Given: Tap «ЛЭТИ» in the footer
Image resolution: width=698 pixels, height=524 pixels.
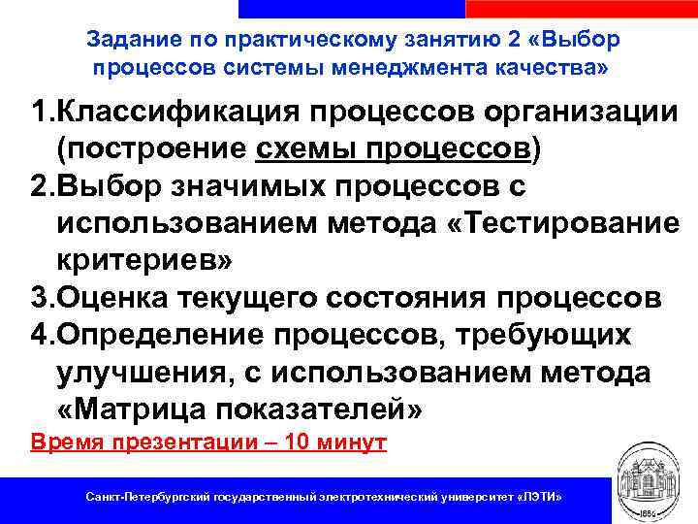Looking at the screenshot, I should [538, 497].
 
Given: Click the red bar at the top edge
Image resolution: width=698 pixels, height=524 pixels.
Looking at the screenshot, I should [582, 8].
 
